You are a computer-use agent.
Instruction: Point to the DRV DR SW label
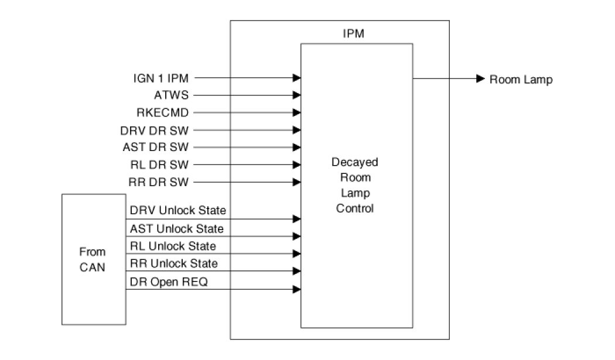pos(159,129)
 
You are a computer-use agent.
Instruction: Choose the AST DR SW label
pos(159,147)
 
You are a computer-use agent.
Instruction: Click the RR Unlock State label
pos(173,263)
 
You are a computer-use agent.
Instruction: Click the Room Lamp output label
pos(521,79)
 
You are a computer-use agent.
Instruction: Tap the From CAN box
pos(93,259)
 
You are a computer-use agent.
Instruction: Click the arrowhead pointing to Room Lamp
pos(480,78)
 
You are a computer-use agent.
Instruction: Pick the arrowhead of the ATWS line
pos(298,95)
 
